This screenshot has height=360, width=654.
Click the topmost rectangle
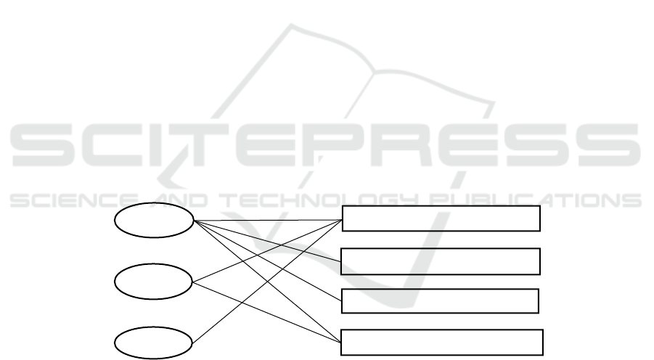coord(441,218)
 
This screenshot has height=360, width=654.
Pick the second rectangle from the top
coord(441,261)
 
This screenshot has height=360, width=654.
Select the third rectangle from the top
coord(440,300)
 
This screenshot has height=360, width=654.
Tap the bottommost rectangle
coord(442,341)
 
